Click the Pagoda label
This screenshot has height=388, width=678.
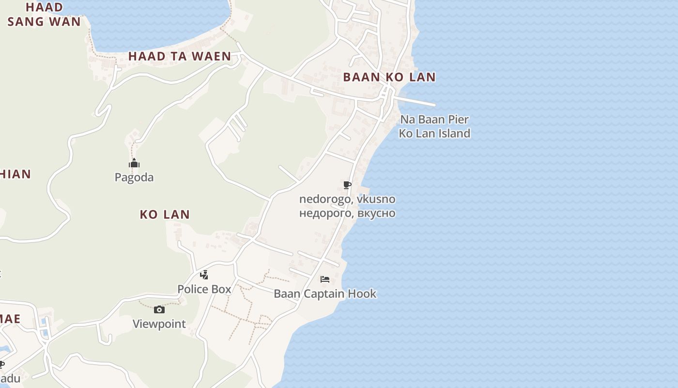[x=134, y=178]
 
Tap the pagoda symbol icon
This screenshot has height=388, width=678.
[x=134, y=163]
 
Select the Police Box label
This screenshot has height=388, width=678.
[x=204, y=290]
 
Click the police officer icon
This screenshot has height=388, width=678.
[x=204, y=275]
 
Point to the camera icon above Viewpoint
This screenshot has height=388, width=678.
[x=159, y=310]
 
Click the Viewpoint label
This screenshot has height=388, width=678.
[x=159, y=324]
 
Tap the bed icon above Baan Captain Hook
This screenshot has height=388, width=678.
[x=325, y=279]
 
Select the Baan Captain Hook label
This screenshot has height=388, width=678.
[x=325, y=294]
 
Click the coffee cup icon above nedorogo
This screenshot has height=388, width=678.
[x=347, y=185]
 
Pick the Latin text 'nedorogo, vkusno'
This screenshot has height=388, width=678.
[x=347, y=199]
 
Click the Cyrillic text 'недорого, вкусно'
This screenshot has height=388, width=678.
[x=347, y=213]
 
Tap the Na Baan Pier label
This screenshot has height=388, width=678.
[x=434, y=119]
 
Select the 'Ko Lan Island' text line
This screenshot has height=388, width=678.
[x=434, y=133]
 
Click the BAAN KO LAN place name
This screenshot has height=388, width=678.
[x=389, y=77]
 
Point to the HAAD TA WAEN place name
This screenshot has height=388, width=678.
[x=180, y=56]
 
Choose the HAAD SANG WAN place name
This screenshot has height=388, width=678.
[x=44, y=15]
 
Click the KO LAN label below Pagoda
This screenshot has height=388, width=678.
[x=165, y=214]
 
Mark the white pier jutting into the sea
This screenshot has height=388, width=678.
[x=416, y=101]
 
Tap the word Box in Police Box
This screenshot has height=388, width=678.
[x=221, y=290]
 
